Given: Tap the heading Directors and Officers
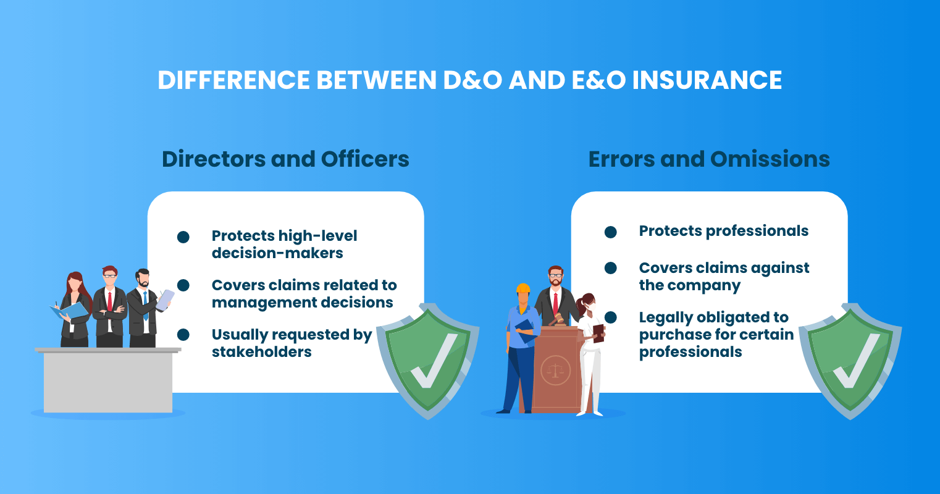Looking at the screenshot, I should pos(285,159).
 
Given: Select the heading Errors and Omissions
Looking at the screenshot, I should pos(709,159).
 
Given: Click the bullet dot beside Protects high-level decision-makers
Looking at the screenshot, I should pos(183,237).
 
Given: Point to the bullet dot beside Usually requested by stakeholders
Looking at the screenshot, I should pos(183,335).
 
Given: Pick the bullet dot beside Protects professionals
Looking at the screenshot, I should pos(610,232).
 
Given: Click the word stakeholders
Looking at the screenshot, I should pos(261,352).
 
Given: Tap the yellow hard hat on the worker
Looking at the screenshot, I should pos(523,288).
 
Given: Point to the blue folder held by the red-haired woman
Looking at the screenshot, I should pos(69,311).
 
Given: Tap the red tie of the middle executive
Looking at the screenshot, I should pos(110,301).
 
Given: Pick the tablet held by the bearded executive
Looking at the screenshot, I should pos(165,299).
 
